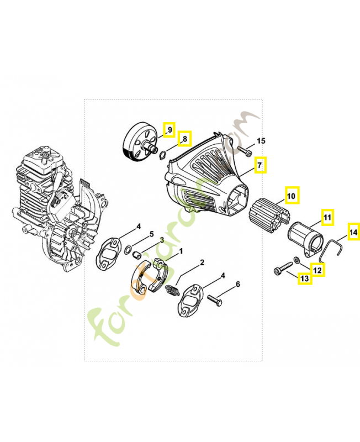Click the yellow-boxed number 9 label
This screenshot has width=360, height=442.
(169, 130)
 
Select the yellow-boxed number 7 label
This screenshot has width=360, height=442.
(260, 165)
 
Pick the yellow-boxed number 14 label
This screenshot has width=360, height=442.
(353, 233)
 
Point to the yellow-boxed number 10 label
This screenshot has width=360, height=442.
(292, 196)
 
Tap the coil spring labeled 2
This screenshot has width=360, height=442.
(172, 290)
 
